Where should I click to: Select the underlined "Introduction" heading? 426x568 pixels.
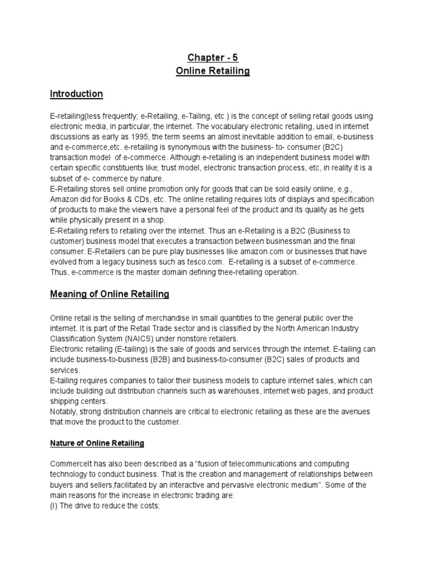pyautogui.click(x=77, y=94)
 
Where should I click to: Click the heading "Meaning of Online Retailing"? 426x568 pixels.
pyautogui.click(x=110, y=294)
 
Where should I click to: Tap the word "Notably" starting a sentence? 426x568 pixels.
pyautogui.click(x=64, y=412)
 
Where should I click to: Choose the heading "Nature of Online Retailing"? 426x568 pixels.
pyautogui.click(x=97, y=443)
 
